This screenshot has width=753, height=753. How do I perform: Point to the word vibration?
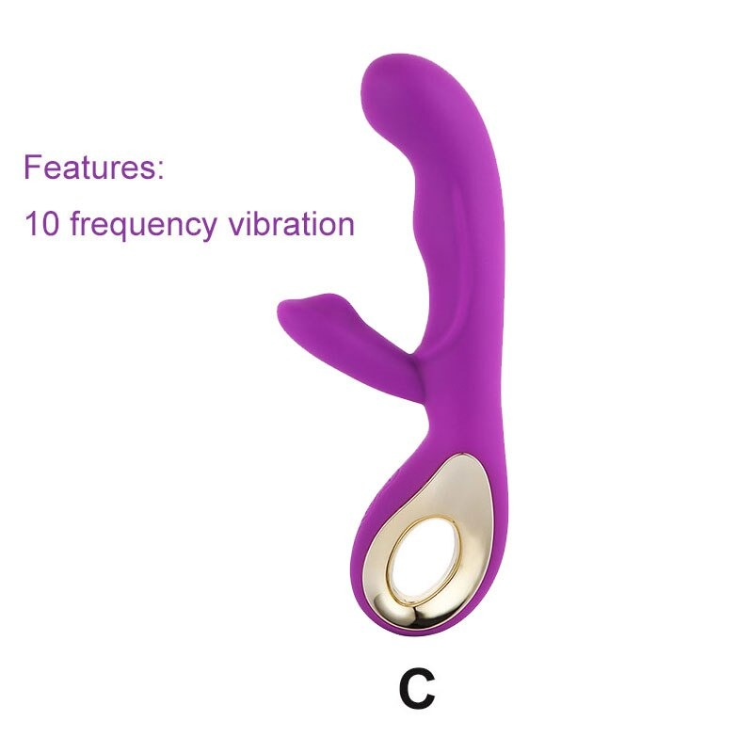coord(291,224)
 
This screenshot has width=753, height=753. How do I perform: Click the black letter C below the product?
coord(416,690)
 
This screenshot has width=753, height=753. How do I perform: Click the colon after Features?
coord(160,170)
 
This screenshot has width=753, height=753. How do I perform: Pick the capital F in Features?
coord(32,167)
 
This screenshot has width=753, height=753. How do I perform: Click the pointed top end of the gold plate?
coord(461,453)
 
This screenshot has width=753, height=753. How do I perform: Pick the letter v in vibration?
coord(236,227)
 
